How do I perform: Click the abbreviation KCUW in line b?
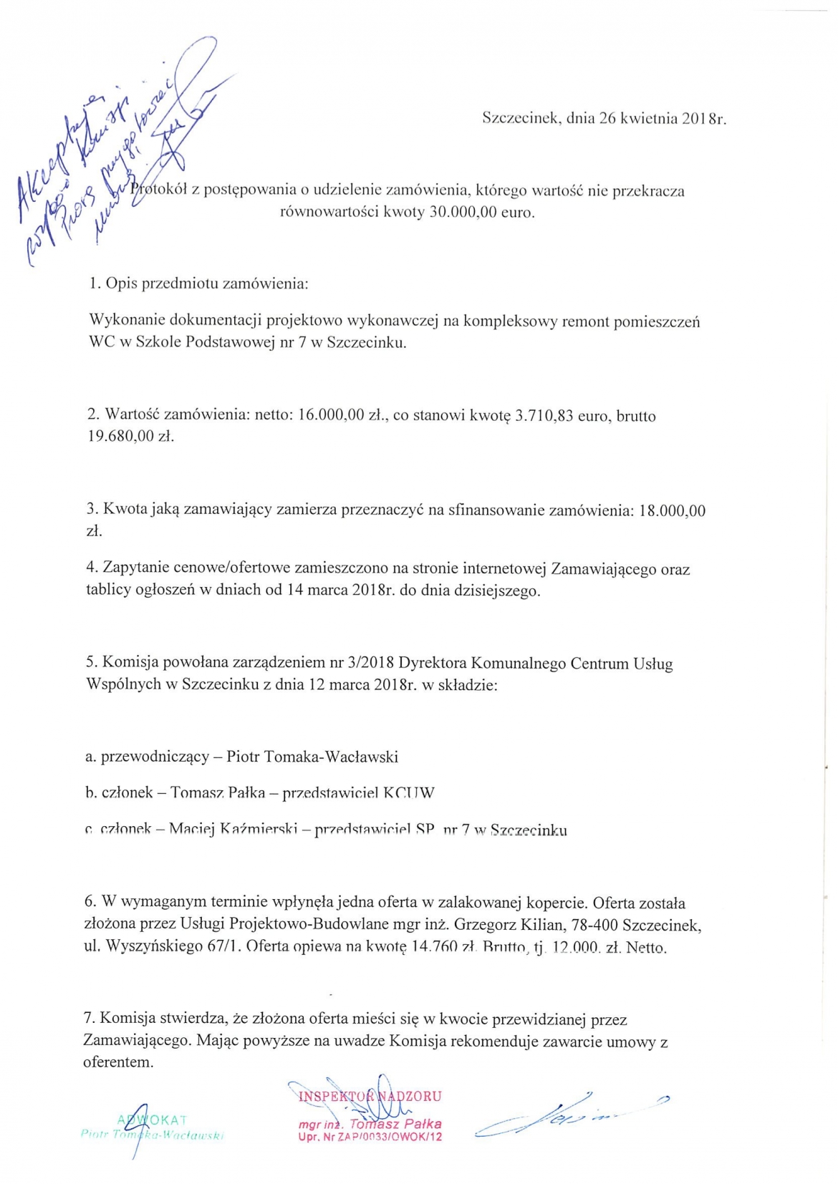pos(409,793)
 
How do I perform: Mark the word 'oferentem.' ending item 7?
pos(119,1062)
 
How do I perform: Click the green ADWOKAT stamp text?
pos(152,1120)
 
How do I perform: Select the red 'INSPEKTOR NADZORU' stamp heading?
pos(370,1096)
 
